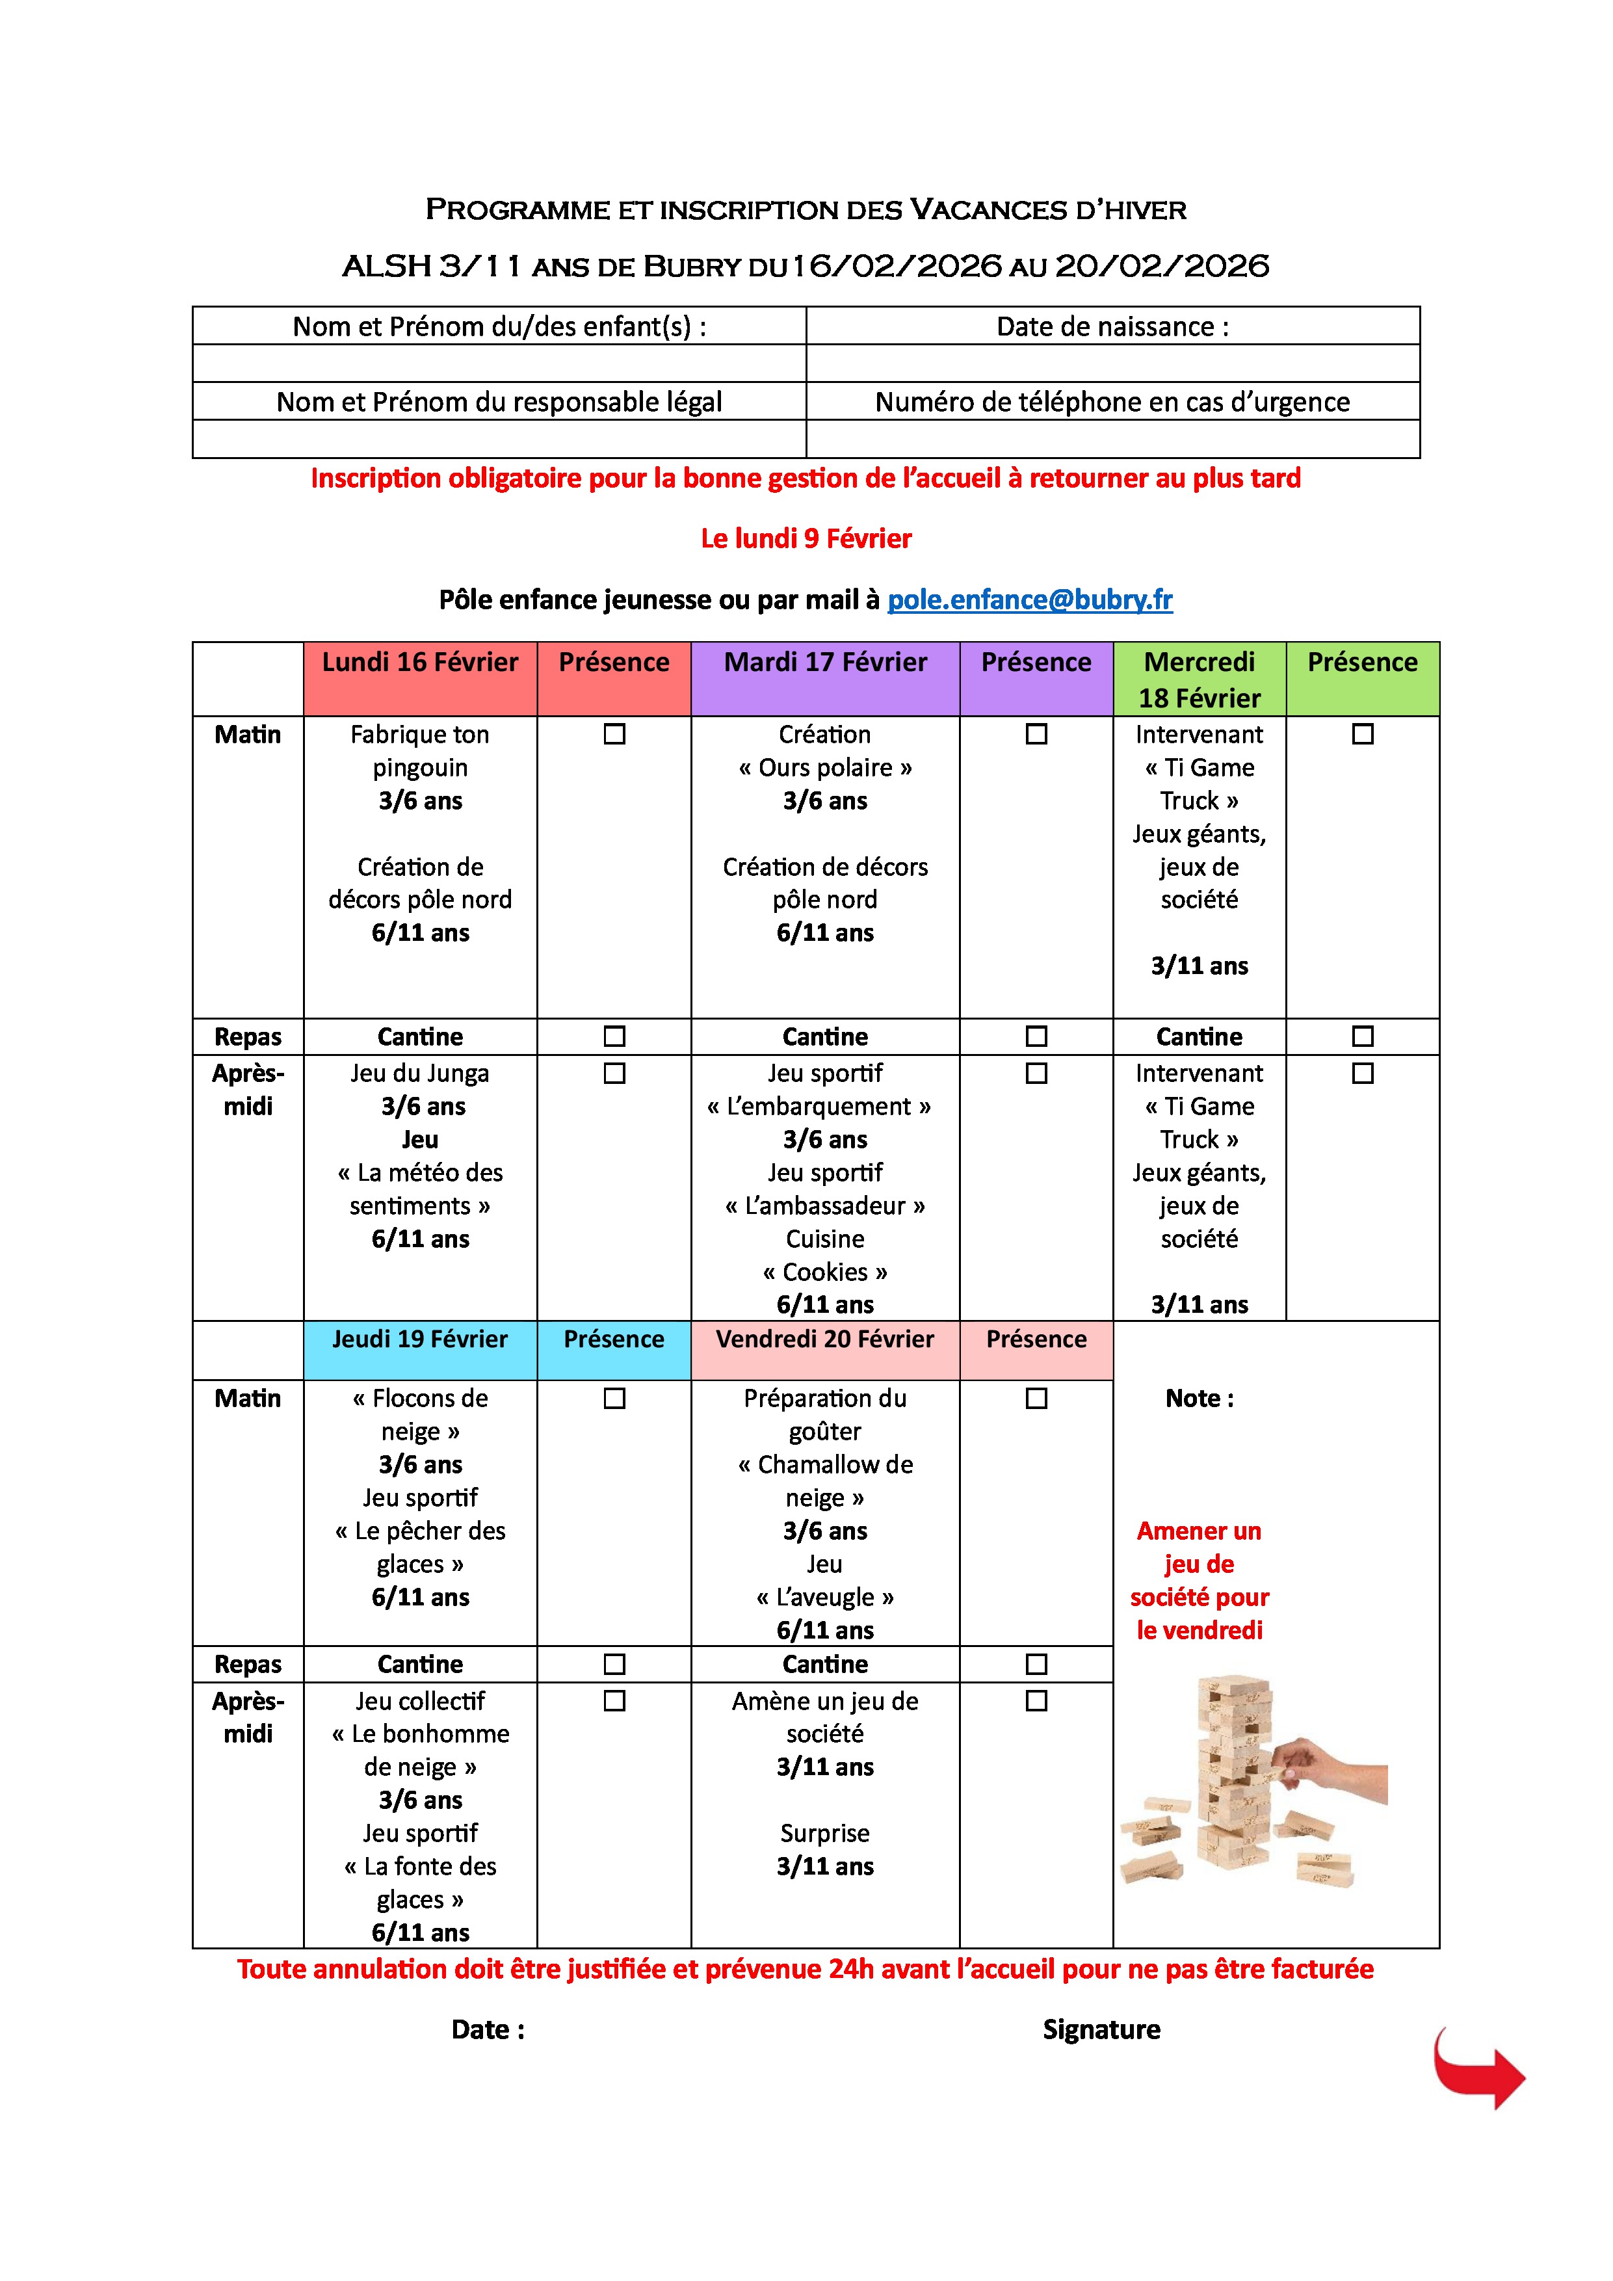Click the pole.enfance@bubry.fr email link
(1029, 600)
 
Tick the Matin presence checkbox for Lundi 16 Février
(615, 734)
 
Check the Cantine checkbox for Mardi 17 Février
(1036, 1036)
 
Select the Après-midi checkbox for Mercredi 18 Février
(1363, 1073)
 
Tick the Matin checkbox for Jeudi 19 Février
(615, 1398)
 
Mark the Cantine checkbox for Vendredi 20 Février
(1036, 1663)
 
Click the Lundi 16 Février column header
(420, 663)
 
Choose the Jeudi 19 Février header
(420, 1339)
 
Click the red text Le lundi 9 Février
(806, 538)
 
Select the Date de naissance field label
(1112, 327)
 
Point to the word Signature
(1101, 2029)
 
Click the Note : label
(1199, 1398)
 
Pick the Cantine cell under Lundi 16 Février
(420, 1036)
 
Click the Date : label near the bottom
(488, 2029)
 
